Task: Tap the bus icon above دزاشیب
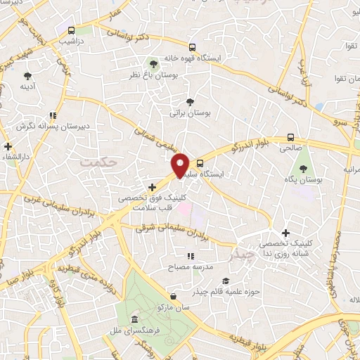point(71,30)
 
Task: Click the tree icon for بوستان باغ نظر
point(153,64)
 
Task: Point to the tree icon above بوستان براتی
point(189,101)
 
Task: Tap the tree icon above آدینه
point(28,74)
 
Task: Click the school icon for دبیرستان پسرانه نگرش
point(53,115)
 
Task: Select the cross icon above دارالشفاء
point(8,147)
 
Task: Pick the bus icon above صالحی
point(291,138)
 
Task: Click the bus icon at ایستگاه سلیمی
point(200,162)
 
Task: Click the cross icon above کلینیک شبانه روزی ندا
point(285,233)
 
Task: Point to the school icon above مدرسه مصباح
point(191,257)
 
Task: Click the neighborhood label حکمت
point(97,162)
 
